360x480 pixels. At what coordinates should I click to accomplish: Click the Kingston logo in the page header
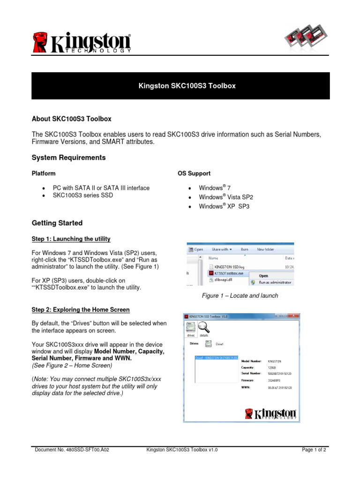click(82, 42)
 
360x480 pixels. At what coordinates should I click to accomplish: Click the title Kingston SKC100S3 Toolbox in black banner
click(180, 86)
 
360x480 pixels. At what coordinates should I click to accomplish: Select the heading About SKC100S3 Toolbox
click(71, 119)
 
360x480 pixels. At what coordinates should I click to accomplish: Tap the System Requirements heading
click(68, 157)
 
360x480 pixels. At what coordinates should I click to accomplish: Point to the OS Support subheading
click(194, 173)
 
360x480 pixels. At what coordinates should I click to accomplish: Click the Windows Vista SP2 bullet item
click(223, 197)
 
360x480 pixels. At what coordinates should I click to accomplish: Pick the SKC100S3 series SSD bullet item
click(82, 195)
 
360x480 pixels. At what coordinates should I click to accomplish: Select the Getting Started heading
click(57, 223)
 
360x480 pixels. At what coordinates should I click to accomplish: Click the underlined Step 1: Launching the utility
click(71, 240)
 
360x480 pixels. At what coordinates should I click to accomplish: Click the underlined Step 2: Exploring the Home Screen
click(80, 310)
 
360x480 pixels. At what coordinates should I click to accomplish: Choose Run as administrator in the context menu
click(274, 282)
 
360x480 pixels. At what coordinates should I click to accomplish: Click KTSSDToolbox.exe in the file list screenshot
click(228, 272)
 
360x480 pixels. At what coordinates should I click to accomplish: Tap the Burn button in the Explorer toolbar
click(244, 250)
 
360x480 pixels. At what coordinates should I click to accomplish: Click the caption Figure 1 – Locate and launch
click(240, 296)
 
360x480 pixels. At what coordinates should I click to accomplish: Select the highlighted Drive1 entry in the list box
click(216, 358)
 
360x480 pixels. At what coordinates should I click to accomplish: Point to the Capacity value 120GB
click(273, 368)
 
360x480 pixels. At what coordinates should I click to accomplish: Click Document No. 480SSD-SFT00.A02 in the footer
click(72, 450)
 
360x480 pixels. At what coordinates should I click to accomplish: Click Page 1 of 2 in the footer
click(314, 450)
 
